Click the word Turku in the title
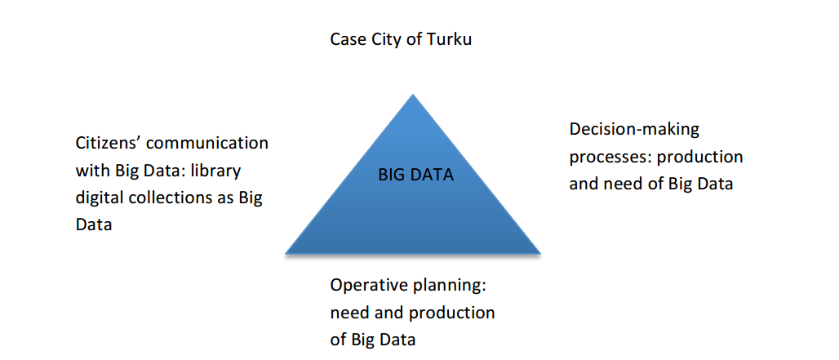coord(449,39)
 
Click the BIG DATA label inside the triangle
coord(415,175)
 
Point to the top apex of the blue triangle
coord(412,95)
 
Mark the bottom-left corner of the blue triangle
coord(286,253)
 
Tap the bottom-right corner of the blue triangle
coord(540,253)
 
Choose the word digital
coord(99,198)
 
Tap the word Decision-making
coord(634,131)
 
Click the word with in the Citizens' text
coord(92,171)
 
